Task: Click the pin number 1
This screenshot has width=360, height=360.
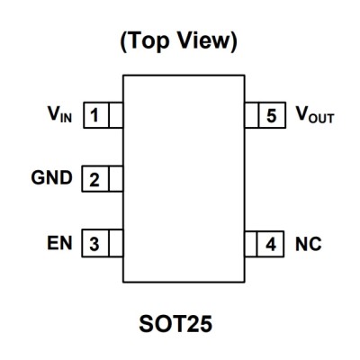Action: tap(94, 115)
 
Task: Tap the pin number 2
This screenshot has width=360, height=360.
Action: tap(94, 179)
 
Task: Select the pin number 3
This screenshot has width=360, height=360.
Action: tap(94, 244)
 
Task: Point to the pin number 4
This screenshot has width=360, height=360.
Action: tap(271, 244)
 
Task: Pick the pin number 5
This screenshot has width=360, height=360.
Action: tap(272, 116)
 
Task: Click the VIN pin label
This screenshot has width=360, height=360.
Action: tap(60, 114)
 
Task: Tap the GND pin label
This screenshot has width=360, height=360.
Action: tap(51, 177)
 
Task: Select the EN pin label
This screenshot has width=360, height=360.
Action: tap(59, 243)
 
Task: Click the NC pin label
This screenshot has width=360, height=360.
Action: tap(309, 244)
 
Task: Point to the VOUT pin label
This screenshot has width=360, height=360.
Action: tap(315, 115)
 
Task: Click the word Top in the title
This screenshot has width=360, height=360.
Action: tap(149, 40)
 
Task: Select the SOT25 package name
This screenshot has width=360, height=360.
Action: tap(175, 324)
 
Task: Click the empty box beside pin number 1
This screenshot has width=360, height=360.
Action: tap(115, 115)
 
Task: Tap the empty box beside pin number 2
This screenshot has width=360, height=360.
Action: tap(115, 179)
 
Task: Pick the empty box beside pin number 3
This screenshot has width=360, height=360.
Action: tap(115, 243)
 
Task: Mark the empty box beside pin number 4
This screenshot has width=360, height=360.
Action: tap(251, 244)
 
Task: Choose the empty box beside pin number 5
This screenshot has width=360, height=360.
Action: tap(252, 115)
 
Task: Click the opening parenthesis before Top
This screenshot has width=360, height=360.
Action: tap(124, 41)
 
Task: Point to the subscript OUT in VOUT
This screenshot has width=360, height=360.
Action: tap(321, 119)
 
